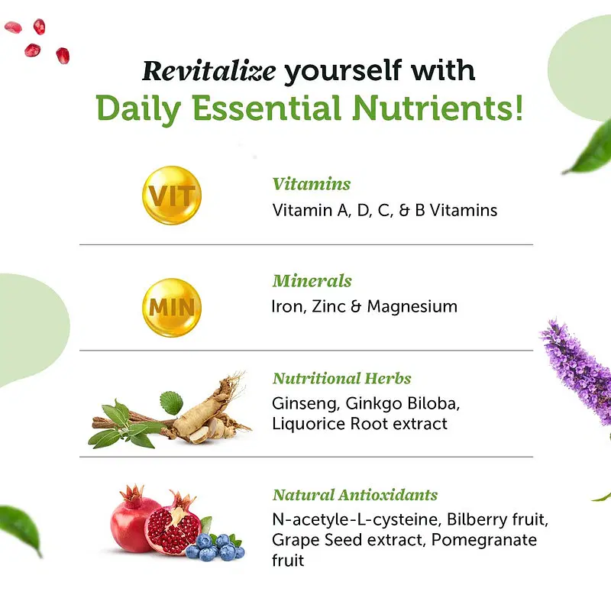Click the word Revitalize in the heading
pyautogui.click(x=209, y=71)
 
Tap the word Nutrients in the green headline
pyautogui.click(x=432, y=108)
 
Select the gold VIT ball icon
pyautogui.click(x=172, y=196)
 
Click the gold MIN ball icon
pyautogui.click(x=172, y=308)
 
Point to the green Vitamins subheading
pyautogui.click(x=312, y=184)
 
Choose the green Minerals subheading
pyautogui.click(x=312, y=280)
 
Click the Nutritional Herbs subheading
pyautogui.click(x=341, y=378)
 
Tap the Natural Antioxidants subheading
pyautogui.click(x=355, y=495)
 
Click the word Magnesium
pyautogui.click(x=412, y=307)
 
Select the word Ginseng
pyautogui.click(x=305, y=404)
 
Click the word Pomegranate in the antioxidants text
pyautogui.click(x=484, y=541)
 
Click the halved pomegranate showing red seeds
pyautogui.click(x=173, y=523)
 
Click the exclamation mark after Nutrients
pyautogui.click(x=519, y=108)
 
